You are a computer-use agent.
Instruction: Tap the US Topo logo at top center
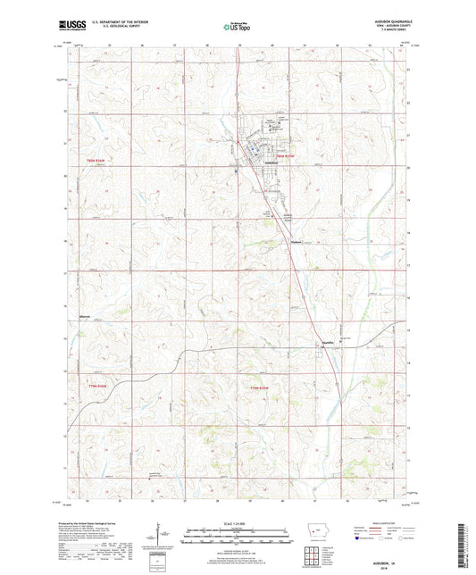(x=237, y=27)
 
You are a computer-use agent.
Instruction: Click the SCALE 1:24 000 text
(x=238, y=522)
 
